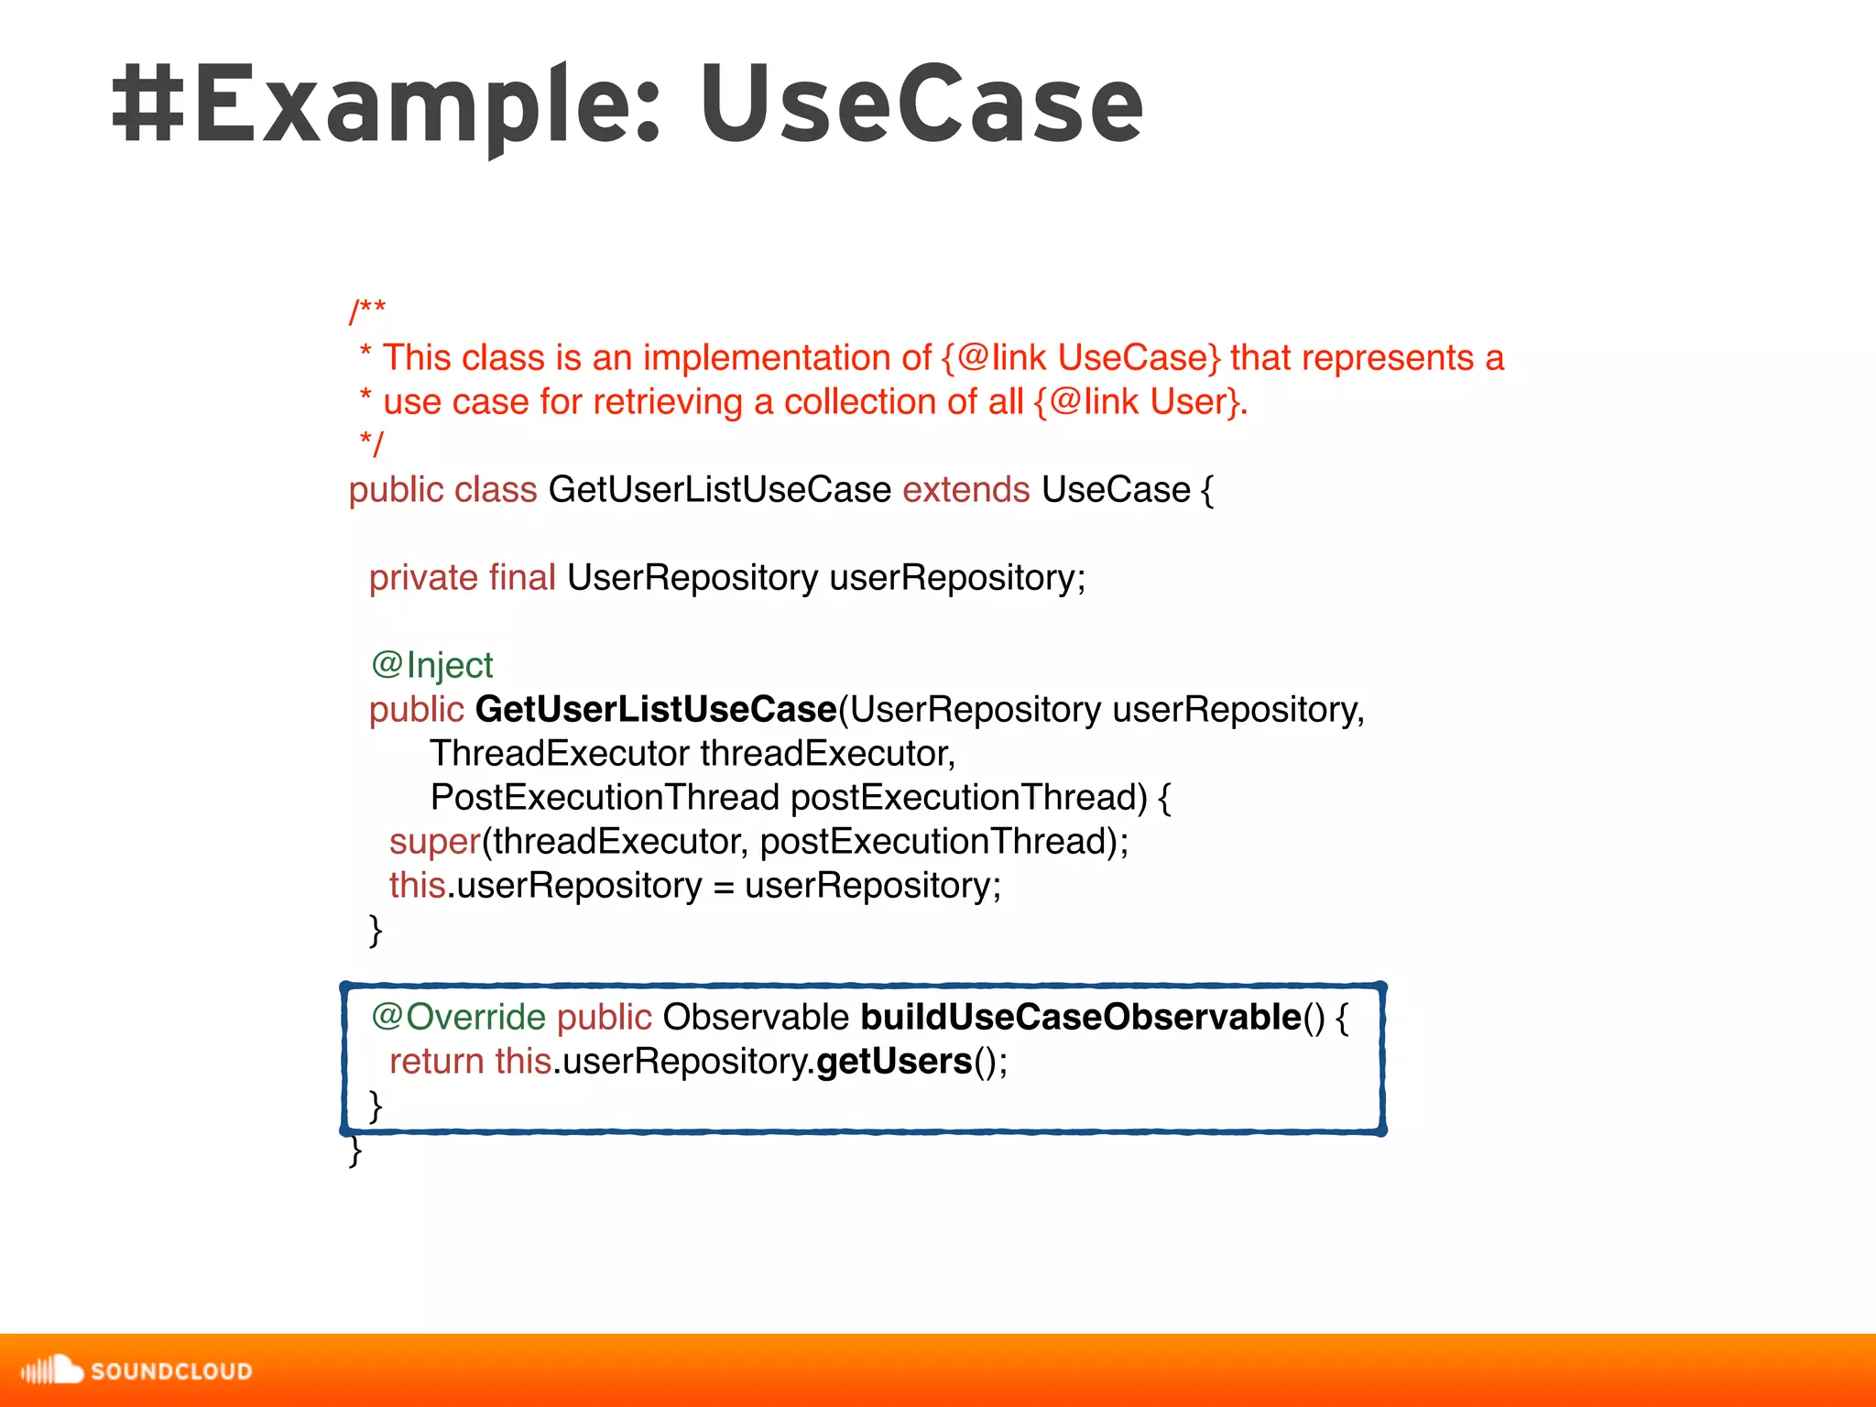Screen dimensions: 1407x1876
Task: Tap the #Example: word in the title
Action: pos(385,105)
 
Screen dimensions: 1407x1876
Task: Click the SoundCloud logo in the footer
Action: pos(136,1370)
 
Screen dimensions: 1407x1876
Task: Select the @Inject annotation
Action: pos(432,665)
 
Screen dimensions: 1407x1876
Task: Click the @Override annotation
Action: pos(458,1017)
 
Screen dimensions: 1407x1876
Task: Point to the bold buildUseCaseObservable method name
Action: pos(1081,1017)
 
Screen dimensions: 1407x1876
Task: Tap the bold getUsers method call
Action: pos(894,1061)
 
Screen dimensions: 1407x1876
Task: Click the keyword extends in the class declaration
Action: pos(965,490)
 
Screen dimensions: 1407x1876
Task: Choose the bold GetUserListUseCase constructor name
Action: pos(656,709)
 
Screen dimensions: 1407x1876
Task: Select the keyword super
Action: pos(435,841)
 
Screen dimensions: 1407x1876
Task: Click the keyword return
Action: pos(437,1061)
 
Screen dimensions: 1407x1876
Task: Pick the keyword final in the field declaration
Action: pos(522,578)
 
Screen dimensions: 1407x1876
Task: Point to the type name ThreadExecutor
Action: pos(560,753)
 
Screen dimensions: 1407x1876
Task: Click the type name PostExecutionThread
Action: pos(605,797)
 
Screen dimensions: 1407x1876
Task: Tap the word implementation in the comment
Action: pos(787,357)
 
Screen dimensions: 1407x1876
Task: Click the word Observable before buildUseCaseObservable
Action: pos(756,1017)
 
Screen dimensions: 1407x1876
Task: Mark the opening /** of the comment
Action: pos(367,311)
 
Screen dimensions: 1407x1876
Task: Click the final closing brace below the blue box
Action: pos(356,1152)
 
